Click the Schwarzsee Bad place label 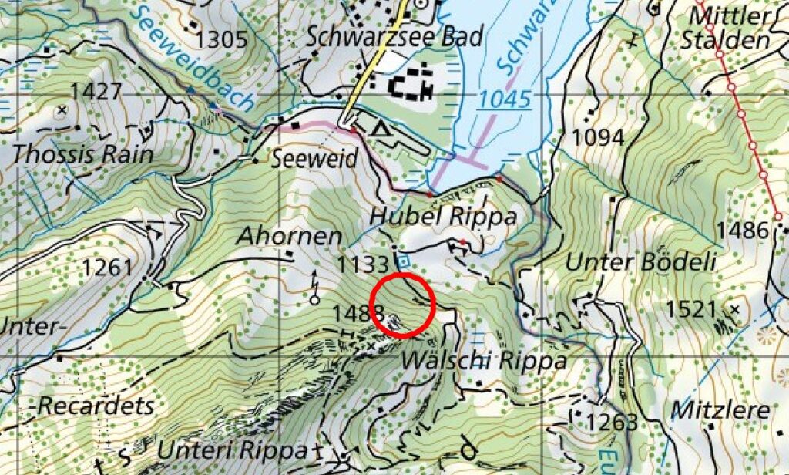pos(394,35)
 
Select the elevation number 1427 pos(96,92)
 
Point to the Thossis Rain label pos(82,153)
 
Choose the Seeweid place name pos(314,159)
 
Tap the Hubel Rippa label pos(443,217)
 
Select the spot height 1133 pos(363,264)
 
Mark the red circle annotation pos(404,305)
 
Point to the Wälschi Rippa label pos(484,360)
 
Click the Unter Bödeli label pos(640,261)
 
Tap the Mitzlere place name pos(720,409)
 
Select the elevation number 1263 pos(612,422)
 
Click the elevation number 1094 pos(598,137)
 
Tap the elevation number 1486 pos(742,230)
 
